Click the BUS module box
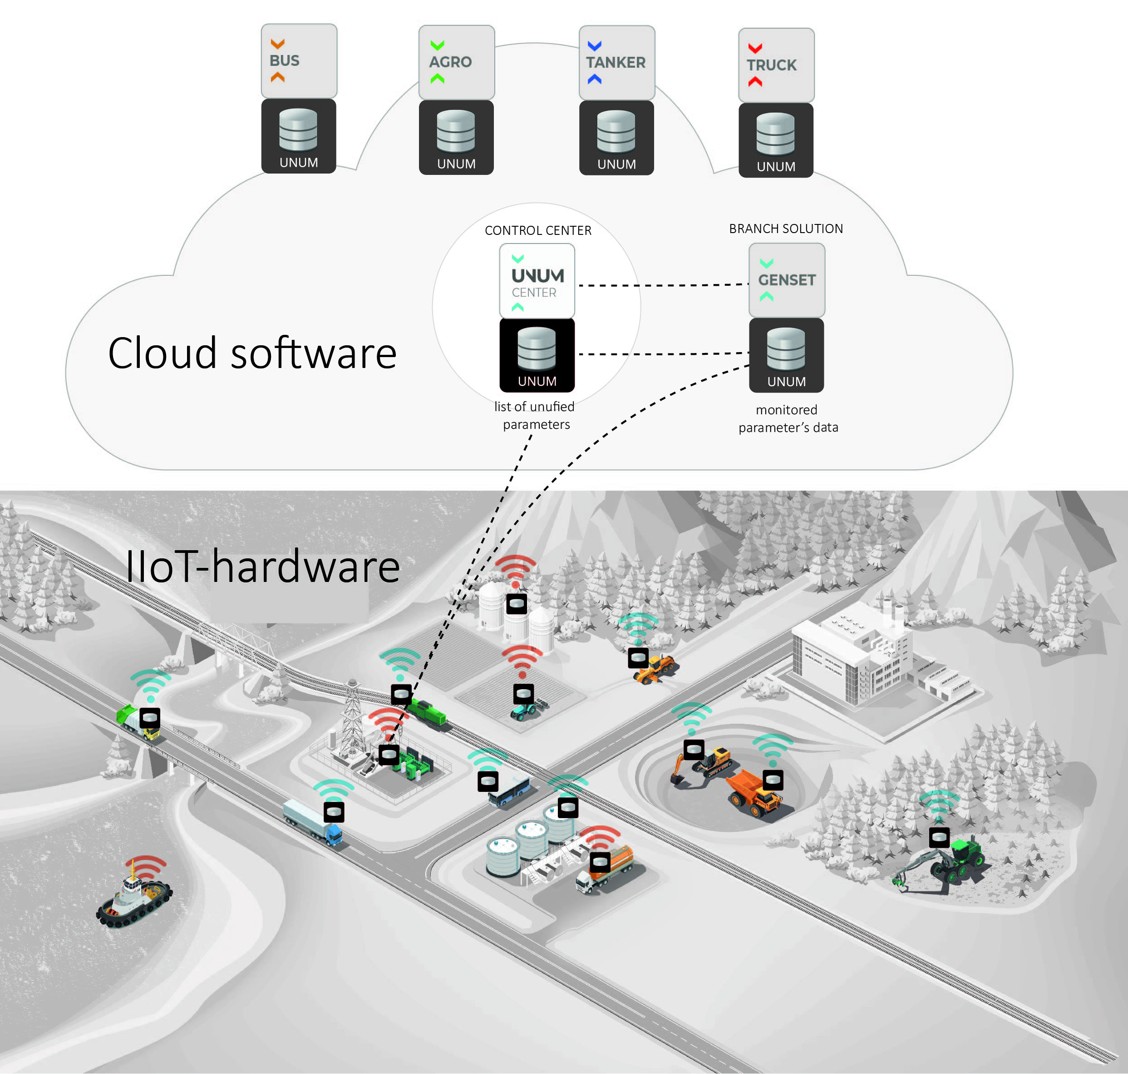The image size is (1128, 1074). [299, 61]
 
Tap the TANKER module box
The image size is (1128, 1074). [616, 62]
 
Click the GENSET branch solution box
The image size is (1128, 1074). [787, 280]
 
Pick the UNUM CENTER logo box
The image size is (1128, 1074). [537, 280]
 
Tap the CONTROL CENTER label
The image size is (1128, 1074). [538, 230]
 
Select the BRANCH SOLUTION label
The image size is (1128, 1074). [785, 229]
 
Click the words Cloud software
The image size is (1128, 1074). [252, 353]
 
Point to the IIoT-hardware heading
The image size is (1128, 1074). [262, 567]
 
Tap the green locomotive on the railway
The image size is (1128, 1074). [429, 714]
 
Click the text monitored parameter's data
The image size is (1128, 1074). [788, 418]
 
